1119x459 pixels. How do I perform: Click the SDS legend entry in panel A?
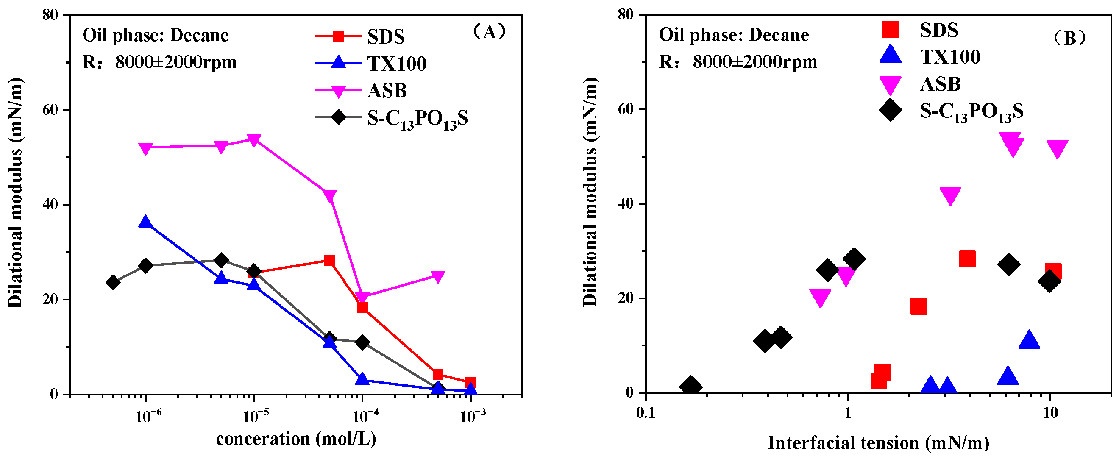[385, 36]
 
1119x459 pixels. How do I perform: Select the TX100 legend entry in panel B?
[949, 57]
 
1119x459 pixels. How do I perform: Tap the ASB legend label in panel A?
[387, 91]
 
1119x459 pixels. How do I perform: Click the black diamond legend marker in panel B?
[890, 110]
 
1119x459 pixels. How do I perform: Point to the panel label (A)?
[490, 32]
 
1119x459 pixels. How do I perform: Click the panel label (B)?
[1069, 38]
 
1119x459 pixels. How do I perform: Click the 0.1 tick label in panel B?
[646, 413]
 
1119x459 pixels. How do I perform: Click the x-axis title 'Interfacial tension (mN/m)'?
[879, 443]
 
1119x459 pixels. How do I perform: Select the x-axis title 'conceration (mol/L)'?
[296, 439]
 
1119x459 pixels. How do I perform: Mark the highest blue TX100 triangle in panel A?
[145, 222]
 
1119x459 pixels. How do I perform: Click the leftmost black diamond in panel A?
[113, 283]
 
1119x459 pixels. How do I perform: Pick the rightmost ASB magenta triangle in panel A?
[438, 276]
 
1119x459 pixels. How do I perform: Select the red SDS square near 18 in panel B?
[919, 306]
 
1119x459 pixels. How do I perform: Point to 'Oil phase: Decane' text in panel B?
[733, 35]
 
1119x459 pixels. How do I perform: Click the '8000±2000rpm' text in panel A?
[175, 63]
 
